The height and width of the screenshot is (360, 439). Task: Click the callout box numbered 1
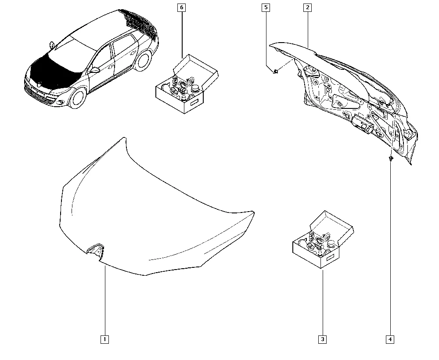105,339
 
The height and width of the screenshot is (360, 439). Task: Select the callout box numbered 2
307,7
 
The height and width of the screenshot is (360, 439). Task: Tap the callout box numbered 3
323,339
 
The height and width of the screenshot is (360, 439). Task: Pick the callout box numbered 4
390,339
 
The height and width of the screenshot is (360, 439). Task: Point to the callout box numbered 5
266,7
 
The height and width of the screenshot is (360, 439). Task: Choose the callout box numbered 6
181,7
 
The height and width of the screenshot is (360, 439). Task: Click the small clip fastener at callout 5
276,72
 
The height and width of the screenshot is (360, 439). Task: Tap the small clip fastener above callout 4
391,159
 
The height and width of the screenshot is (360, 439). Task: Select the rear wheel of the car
143,62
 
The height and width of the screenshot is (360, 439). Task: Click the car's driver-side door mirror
95,70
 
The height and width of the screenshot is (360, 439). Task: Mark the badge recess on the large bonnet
95,249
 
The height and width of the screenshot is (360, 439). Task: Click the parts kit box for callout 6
187,84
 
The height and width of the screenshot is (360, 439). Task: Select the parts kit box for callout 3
323,240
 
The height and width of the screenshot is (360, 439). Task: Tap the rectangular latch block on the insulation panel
363,123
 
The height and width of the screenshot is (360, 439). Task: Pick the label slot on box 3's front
331,257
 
